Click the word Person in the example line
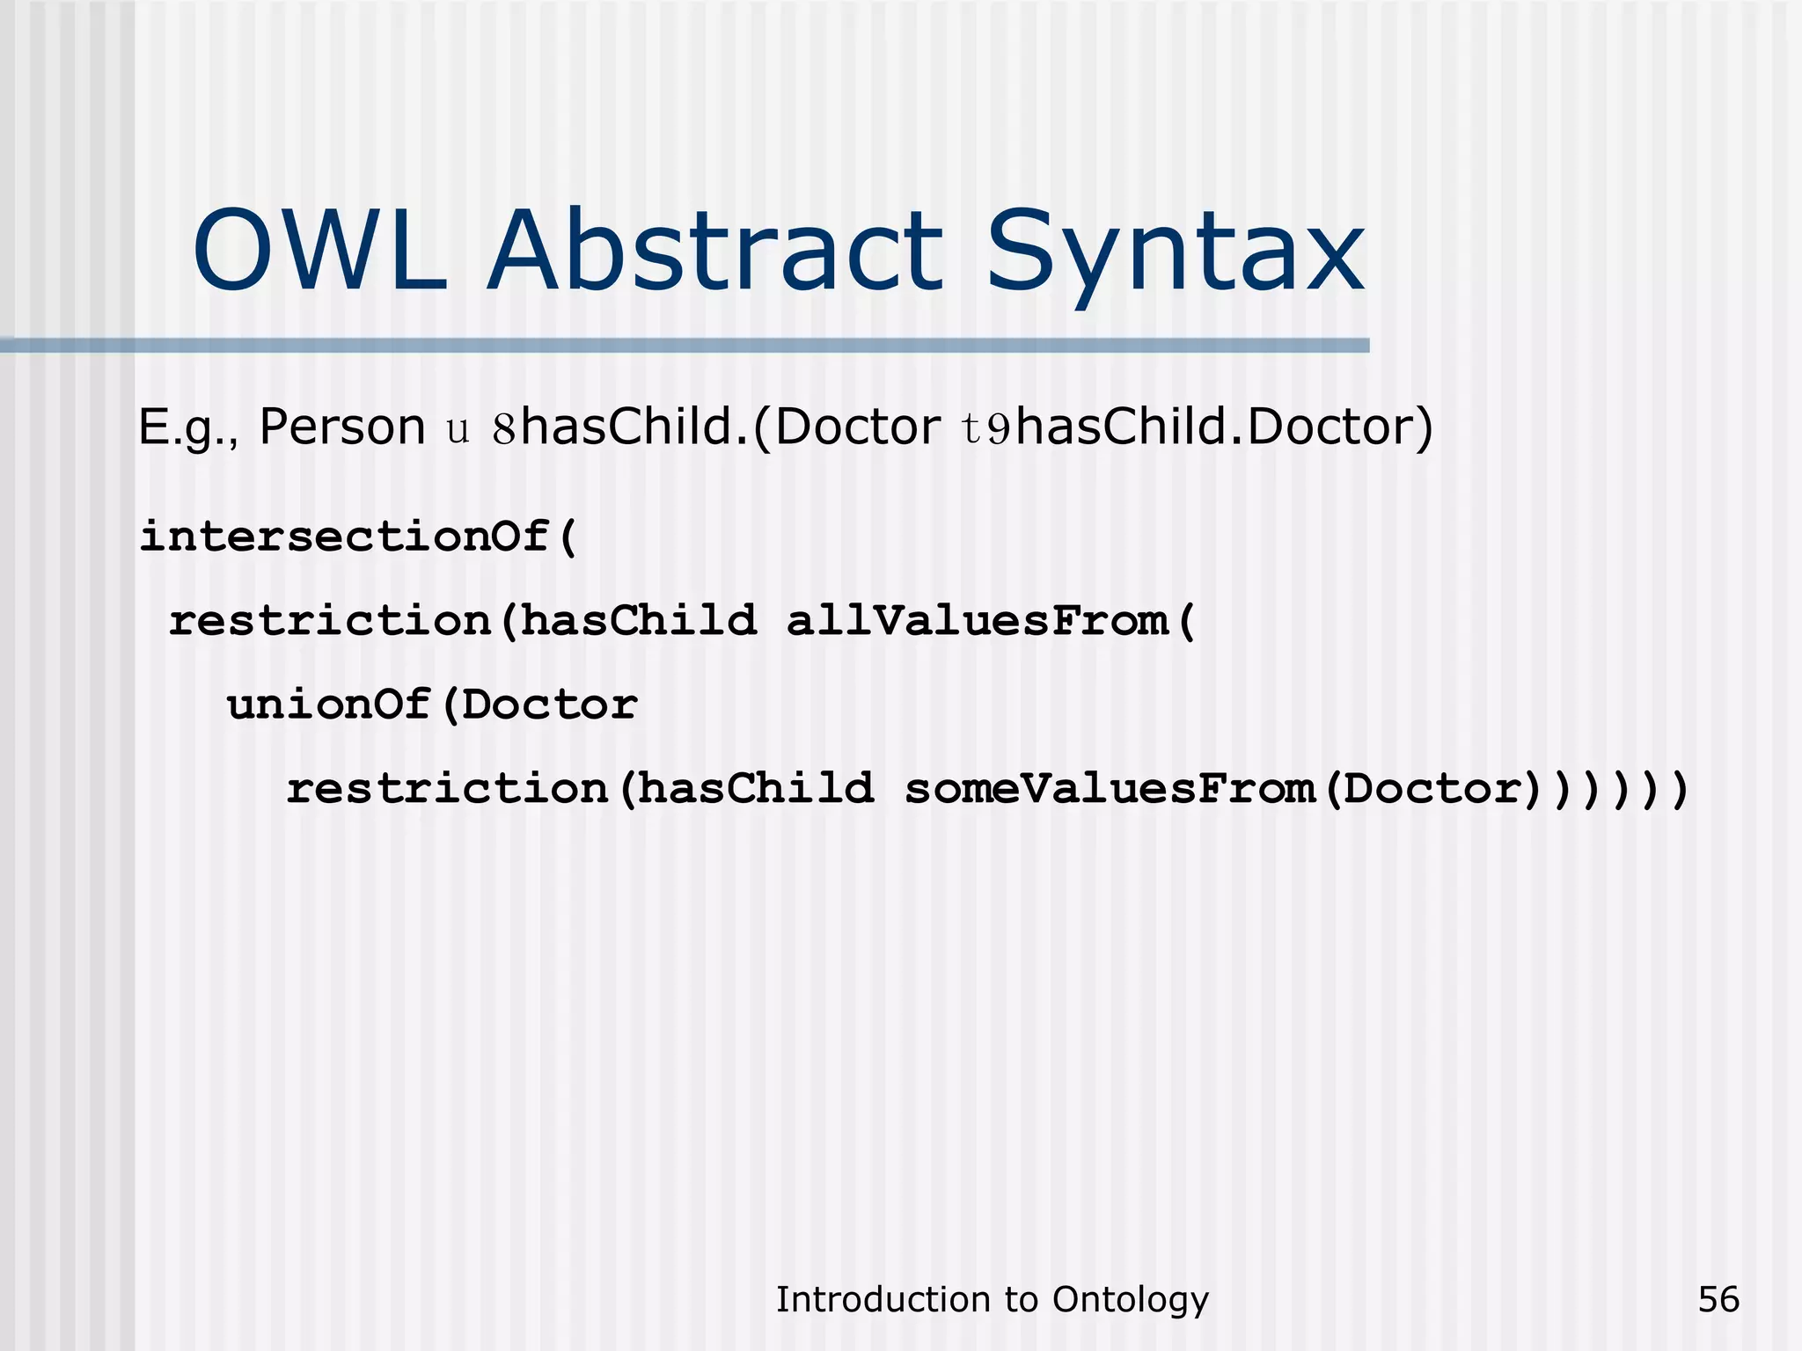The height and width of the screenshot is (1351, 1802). pos(342,427)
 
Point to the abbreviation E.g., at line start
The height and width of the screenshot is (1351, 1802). pos(188,429)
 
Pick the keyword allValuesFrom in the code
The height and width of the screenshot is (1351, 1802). pos(976,621)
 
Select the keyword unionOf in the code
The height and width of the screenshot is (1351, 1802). pos(328,705)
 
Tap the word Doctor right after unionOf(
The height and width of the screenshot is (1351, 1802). pos(549,705)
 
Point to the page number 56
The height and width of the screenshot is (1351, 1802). pos(1718,1299)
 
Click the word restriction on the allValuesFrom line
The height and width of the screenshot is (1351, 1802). pos(329,621)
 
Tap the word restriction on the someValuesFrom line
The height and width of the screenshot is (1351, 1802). pos(447,788)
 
